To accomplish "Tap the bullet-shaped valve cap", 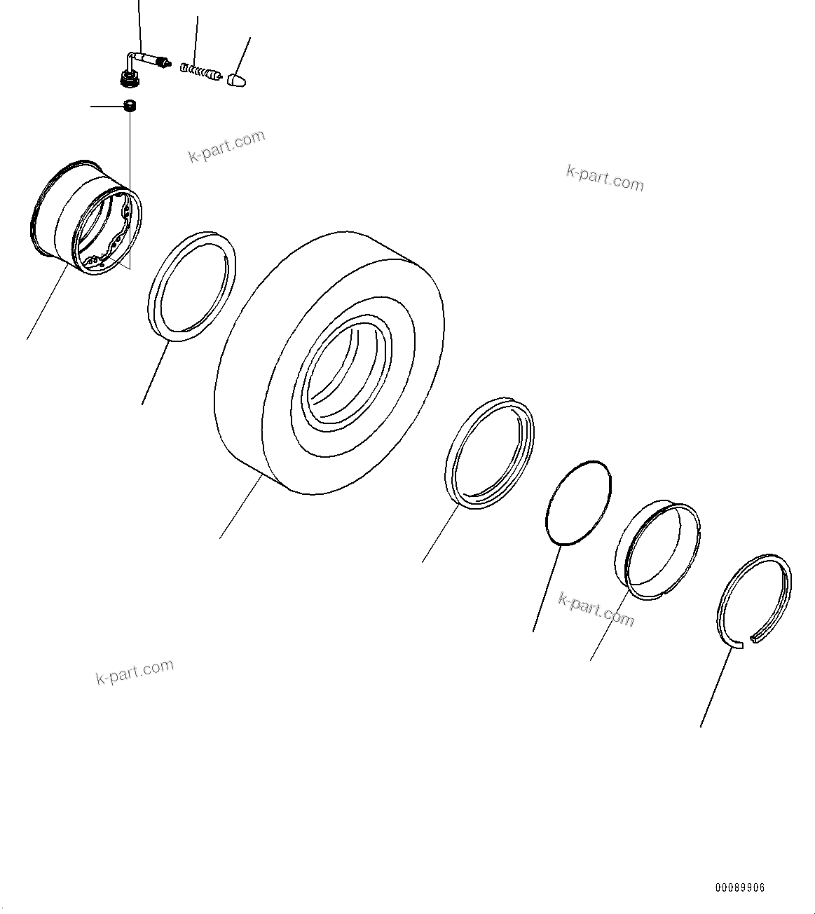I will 236,78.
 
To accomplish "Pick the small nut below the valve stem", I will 128,106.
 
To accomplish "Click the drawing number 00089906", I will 739,887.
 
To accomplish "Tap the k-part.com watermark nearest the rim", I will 226,146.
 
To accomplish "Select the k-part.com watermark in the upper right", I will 605,178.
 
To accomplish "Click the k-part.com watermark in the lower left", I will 134,671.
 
